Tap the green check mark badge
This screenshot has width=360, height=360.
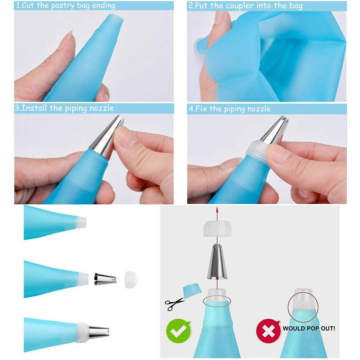click(x=179, y=331)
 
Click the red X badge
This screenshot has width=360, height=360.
click(x=268, y=331)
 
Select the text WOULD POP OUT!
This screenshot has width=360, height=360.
click(x=309, y=328)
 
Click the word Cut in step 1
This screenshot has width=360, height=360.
click(x=28, y=5)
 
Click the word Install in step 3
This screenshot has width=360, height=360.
click(x=34, y=108)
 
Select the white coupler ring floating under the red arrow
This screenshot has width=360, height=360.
click(x=217, y=228)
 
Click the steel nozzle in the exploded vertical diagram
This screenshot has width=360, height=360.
click(x=217, y=261)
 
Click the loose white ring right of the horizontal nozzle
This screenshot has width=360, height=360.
click(x=131, y=279)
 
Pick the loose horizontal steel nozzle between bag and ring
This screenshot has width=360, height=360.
click(x=105, y=279)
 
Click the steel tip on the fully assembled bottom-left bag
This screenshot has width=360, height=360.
click(x=99, y=333)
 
